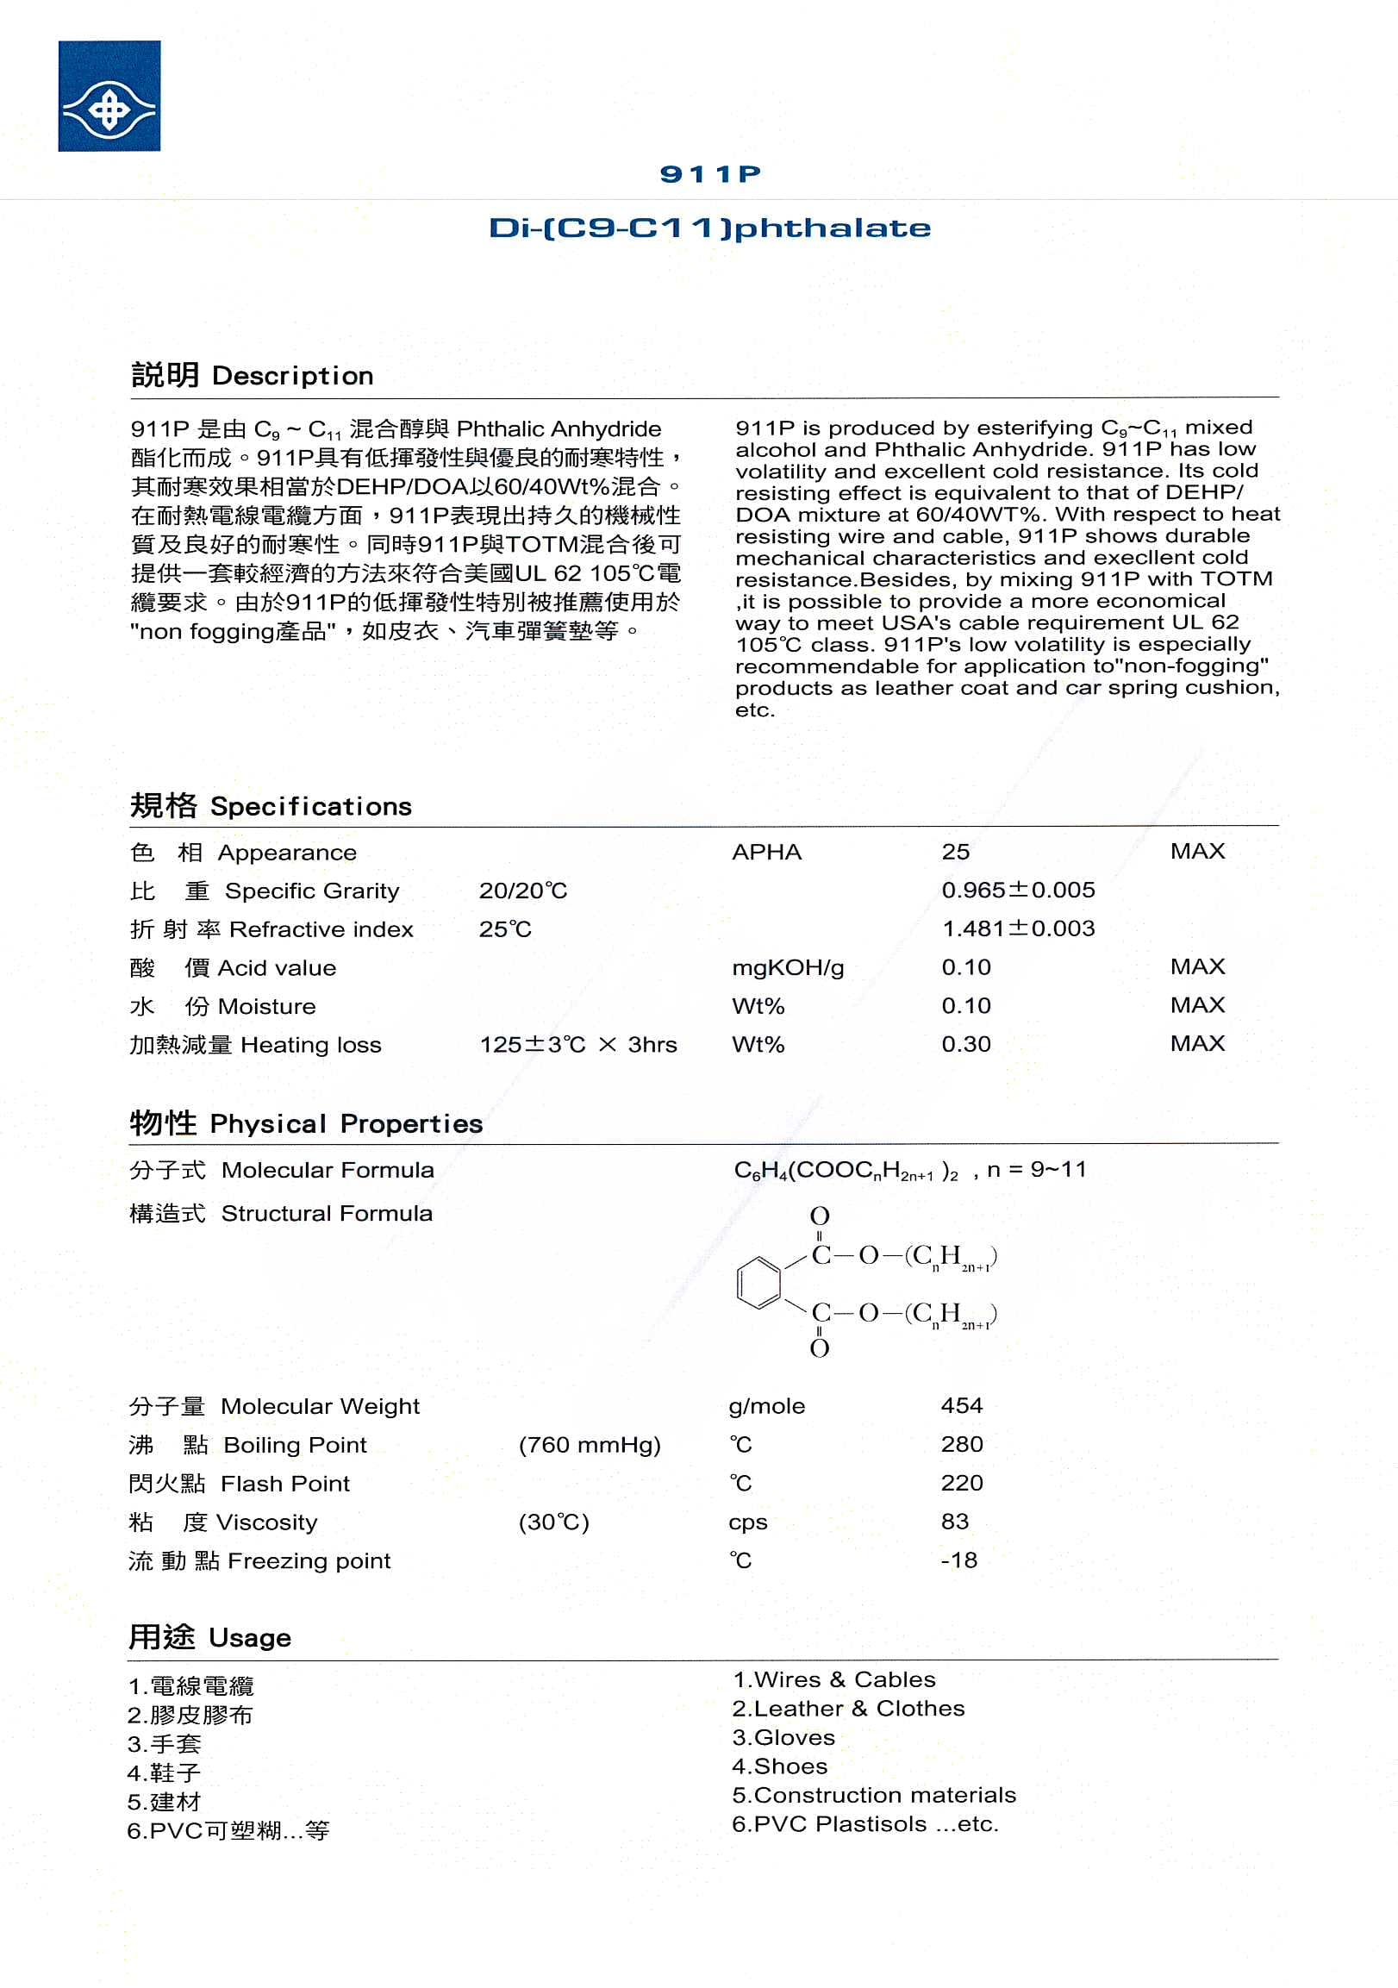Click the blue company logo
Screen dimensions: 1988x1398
pyautogui.click(x=109, y=96)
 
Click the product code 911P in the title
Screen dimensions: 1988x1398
pyautogui.click(x=710, y=174)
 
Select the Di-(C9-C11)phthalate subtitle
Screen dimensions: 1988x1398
pyautogui.click(x=710, y=228)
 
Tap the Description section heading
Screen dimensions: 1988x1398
pyautogui.click(x=252, y=376)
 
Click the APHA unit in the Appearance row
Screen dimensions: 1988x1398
pyautogui.click(x=766, y=852)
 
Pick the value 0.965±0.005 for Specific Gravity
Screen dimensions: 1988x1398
pyautogui.click(x=1018, y=890)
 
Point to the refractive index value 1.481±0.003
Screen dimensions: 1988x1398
pyautogui.click(x=1018, y=928)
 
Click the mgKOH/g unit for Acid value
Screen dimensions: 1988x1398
pyautogui.click(x=788, y=967)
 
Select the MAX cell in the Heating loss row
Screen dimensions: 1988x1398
pyautogui.click(x=1197, y=1043)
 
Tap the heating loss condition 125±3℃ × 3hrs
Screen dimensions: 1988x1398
pyautogui.click(x=578, y=1044)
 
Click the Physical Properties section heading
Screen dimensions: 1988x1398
pyautogui.click(x=306, y=1123)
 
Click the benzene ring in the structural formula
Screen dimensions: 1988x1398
pyautogui.click(x=758, y=1283)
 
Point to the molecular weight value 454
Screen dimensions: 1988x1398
pyautogui.click(x=962, y=1405)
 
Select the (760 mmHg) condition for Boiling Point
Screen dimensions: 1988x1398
pyautogui.click(x=590, y=1444)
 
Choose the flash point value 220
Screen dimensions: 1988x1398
pyautogui.click(x=962, y=1482)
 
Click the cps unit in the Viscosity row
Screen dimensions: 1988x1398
pyautogui.click(x=748, y=1522)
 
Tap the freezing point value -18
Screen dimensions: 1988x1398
pyautogui.click(x=959, y=1560)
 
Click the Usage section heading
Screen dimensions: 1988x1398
pyautogui.click(x=209, y=1637)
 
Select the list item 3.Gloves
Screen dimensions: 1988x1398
pyautogui.click(x=783, y=1738)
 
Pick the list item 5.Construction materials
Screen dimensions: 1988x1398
pyautogui.click(x=873, y=1795)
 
